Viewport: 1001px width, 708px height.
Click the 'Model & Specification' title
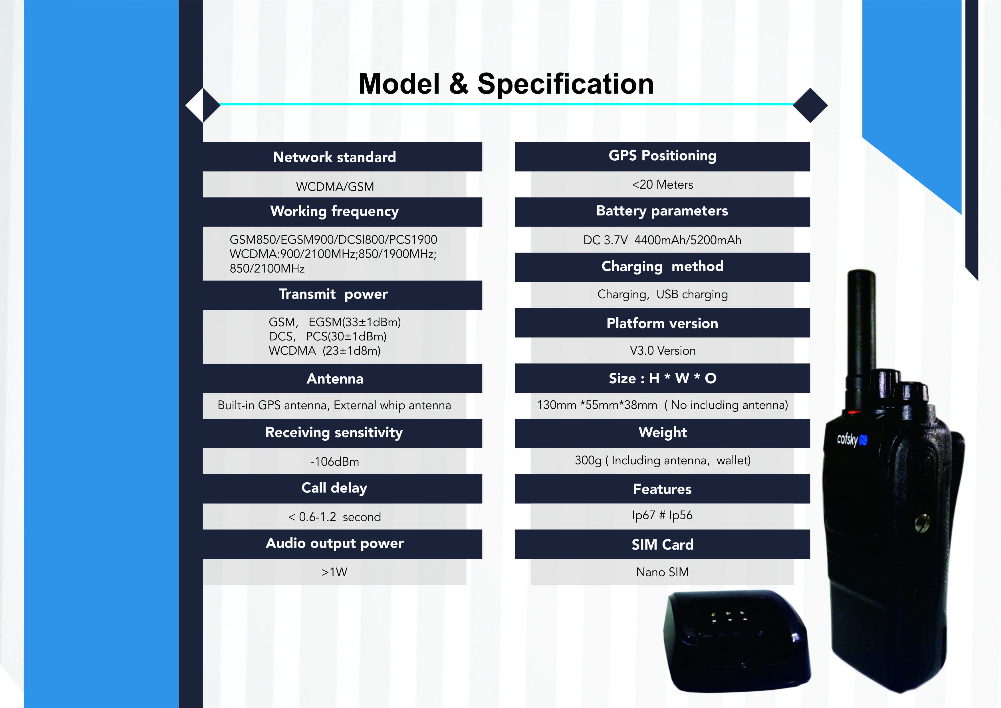pyautogui.click(x=506, y=83)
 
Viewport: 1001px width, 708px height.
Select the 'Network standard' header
pyautogui.click(x=334, y=157)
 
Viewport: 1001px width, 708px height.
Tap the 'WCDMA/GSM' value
pyautogui.click(x=335, y=187)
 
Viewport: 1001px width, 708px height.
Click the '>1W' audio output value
pyautogui.click(x=334, y=572)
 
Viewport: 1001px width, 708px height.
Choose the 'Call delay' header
pyautogui.click(x=334, y=488)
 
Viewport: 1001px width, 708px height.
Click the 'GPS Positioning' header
pyautogui.click(x=662, y=156)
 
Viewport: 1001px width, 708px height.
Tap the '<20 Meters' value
pyautogui.click(x=662, y=184)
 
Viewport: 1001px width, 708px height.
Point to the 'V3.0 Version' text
pyautogui.click(x=663, y=350)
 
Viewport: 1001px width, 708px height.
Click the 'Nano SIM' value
pyautogui.click(x=663, y=572)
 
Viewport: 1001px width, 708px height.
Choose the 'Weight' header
pyautogui.click(x=663, y=432)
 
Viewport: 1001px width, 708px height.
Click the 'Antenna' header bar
pyautogui.click(x=342, y=378)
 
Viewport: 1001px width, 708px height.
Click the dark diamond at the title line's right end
pyautogui.click(x=810, y=105)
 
